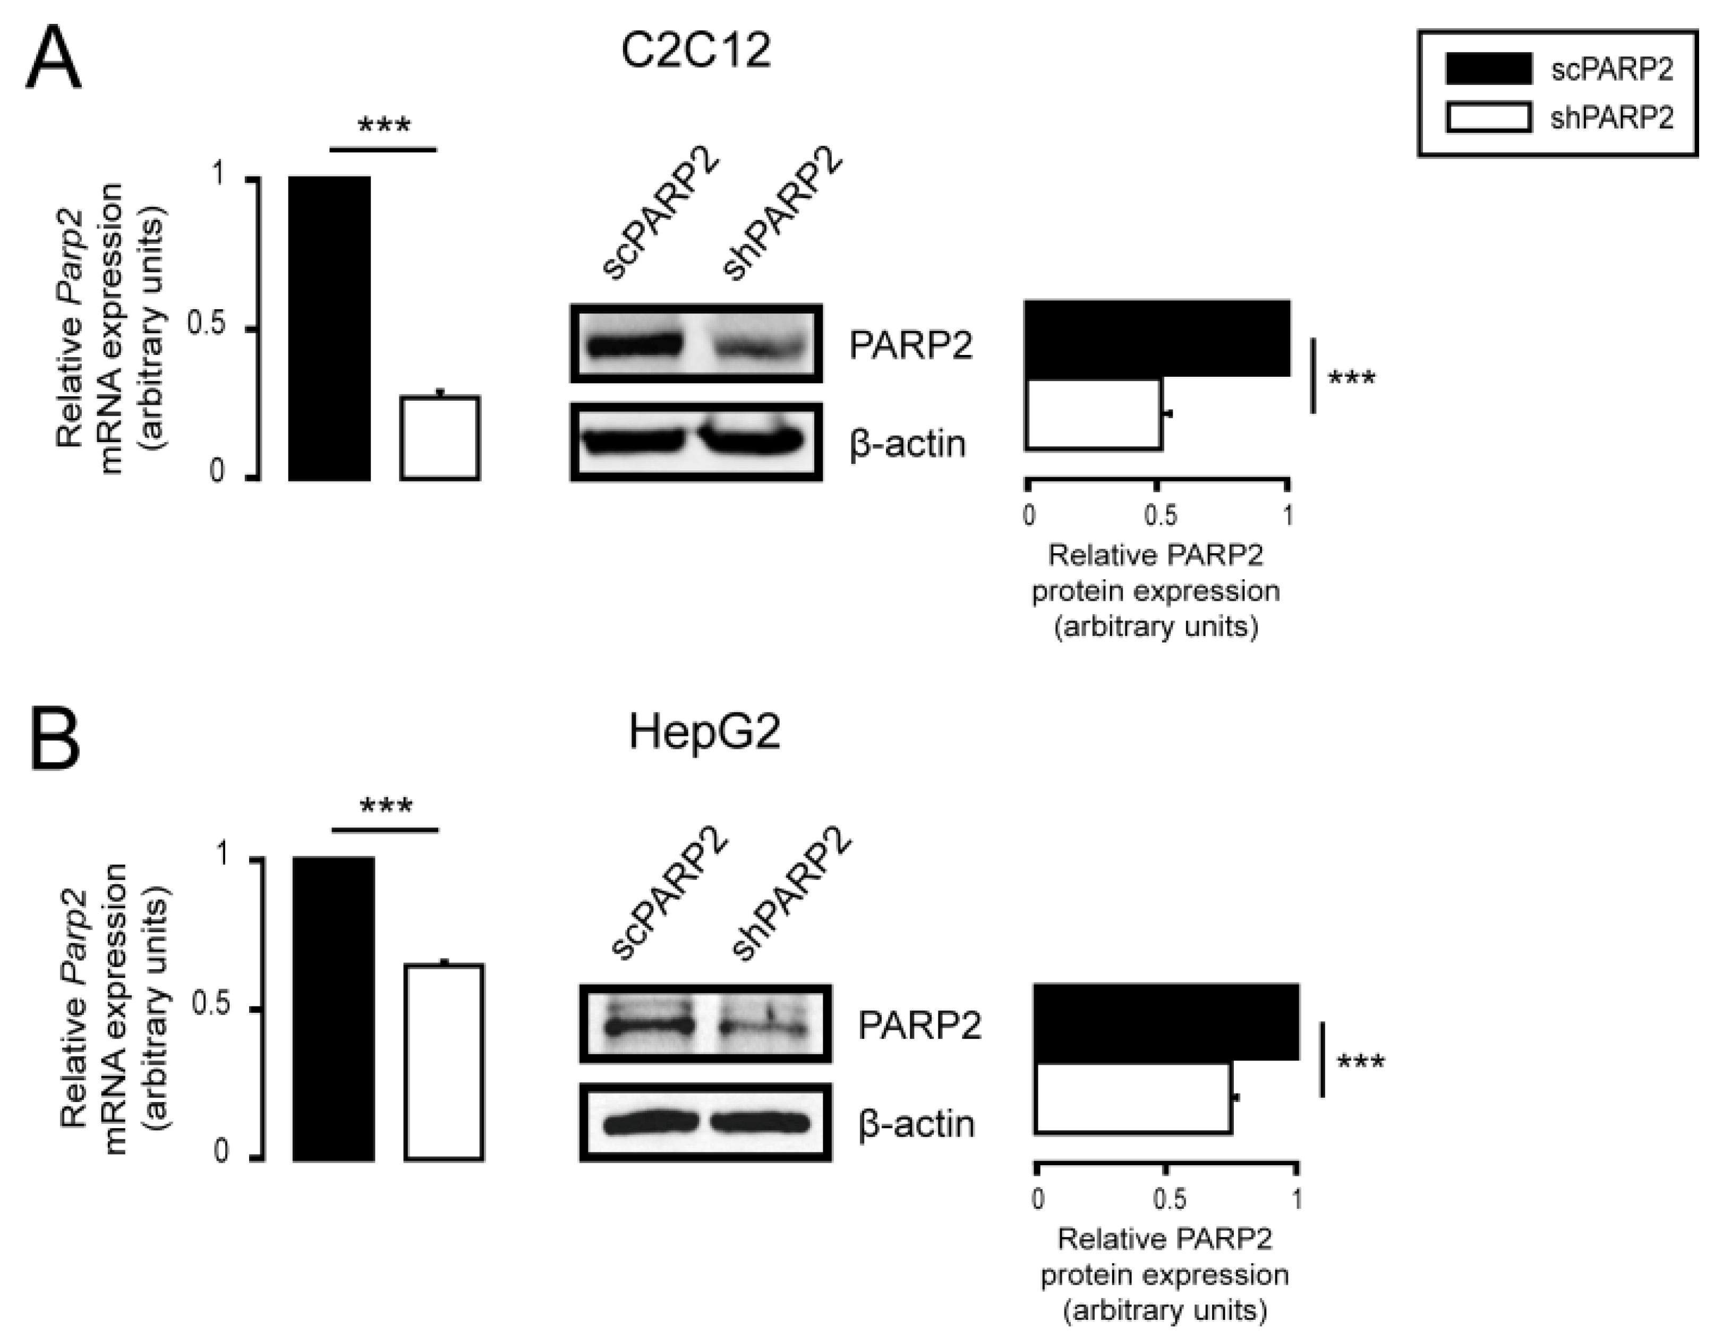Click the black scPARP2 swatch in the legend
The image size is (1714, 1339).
[1488, 69]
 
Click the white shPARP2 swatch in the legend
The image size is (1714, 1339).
[1488, 118]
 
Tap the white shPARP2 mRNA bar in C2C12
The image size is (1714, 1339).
[439, 437]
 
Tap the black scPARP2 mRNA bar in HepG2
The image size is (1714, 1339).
[334, 1008]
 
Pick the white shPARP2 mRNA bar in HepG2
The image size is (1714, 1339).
[444, 1061]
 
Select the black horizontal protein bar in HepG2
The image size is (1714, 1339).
[1166, 1022]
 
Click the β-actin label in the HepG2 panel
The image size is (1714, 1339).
[916, 1124]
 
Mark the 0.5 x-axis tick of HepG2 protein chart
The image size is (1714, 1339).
[1169, 1199]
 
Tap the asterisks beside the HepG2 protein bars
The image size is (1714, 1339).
[1361, 1064]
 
